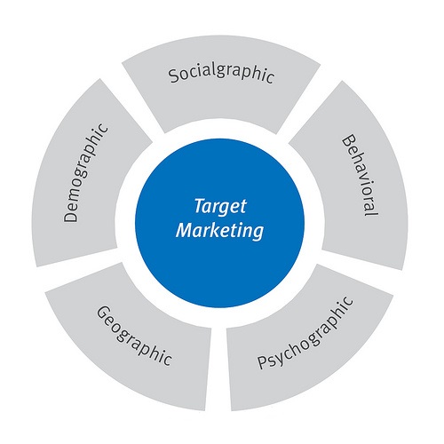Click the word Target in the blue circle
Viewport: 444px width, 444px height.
click(x=220, y=206)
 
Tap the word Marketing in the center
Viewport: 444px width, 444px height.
click(x=219, y=230)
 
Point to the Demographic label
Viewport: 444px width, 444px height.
click(x=85, y=173)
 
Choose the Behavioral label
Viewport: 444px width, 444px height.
click(x=361, y=175)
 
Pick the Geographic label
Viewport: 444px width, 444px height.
click(x=134, y=336)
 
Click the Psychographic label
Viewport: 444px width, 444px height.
click(x=305, y=333)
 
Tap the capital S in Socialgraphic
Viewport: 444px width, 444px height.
click(x=174, y=75)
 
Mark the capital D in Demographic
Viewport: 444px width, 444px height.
click(x=70, y=215)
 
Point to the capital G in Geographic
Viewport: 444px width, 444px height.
click(x=104, y=313)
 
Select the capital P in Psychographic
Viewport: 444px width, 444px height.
click(x=263, y=361)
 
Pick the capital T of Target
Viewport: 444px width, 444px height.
click(x=200, y=205)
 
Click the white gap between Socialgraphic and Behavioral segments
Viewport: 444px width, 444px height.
click(x=305, y=104)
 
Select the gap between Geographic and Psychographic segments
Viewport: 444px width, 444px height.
click(x=218, y=369)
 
